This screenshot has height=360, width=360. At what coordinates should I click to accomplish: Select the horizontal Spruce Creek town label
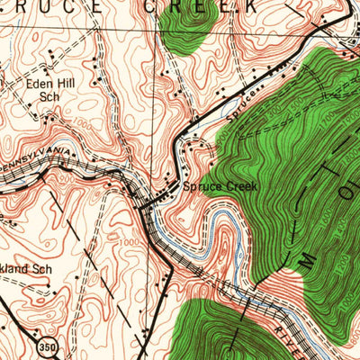[x=220, y=186]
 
